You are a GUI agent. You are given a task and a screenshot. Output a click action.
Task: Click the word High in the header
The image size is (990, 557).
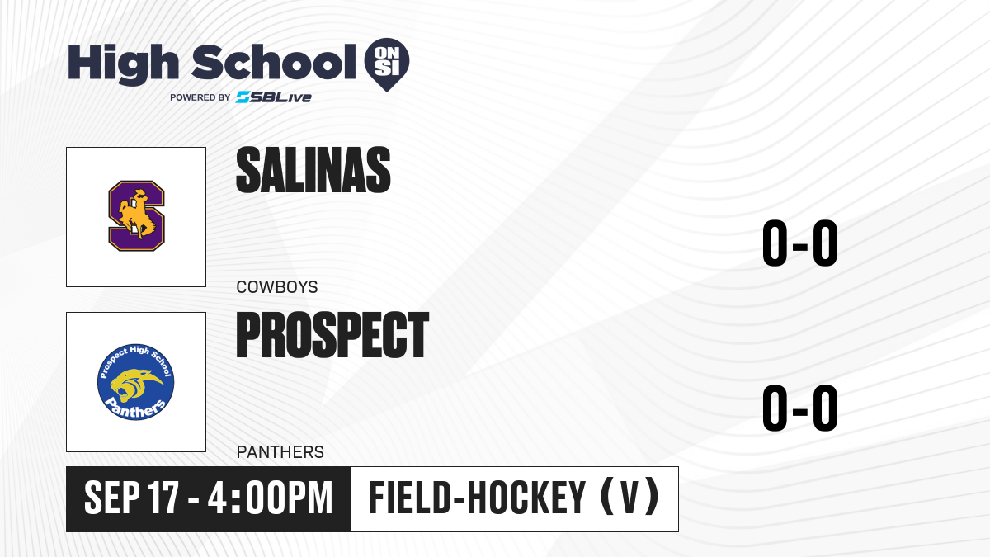tap(123, 64)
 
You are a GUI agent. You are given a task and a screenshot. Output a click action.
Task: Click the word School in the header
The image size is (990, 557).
tap(274, 62)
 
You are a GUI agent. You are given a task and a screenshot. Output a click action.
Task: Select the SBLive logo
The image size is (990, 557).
tap(274, 97)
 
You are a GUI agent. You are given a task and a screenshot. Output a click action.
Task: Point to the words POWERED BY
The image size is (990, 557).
tap(200, 97)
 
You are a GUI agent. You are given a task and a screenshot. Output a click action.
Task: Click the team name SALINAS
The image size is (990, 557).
tap(313, 170)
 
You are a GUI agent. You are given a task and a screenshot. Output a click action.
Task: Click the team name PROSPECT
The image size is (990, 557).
tap(332, 335)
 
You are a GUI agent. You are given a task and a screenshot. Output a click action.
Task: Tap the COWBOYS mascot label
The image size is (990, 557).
tap(277, 287)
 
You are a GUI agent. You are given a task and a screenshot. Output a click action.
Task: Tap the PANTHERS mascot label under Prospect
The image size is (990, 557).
tap(280, 452)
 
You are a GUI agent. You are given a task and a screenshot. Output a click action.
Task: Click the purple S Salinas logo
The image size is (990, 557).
tap(137, 215)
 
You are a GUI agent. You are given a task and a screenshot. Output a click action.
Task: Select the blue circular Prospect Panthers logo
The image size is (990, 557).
tap(135, 382)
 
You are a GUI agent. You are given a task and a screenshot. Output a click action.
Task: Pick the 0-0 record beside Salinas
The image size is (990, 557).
tap(800, 243)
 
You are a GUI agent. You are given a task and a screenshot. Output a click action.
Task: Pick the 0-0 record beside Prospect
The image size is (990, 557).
tap(800, 408)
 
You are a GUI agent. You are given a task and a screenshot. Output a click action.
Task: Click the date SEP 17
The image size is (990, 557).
tap(132, 498)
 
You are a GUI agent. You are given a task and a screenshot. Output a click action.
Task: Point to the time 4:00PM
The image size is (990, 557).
tap(270, 498)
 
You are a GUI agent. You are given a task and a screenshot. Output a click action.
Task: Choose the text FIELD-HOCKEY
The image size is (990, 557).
tap(478, 498)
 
